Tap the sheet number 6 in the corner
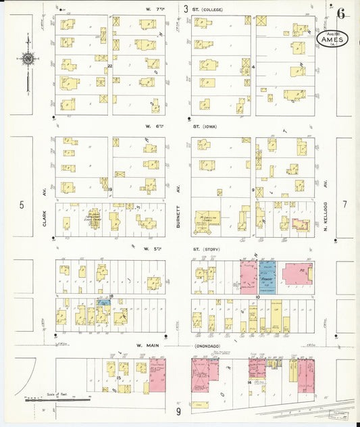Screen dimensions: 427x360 point(342,12)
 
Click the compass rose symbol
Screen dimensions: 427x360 point(28,59)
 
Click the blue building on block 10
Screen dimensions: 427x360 point(268,278)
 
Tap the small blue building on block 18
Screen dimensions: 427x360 point(104,302)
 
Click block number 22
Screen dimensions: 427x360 point(109,66)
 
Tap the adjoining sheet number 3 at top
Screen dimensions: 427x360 point(186,9)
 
